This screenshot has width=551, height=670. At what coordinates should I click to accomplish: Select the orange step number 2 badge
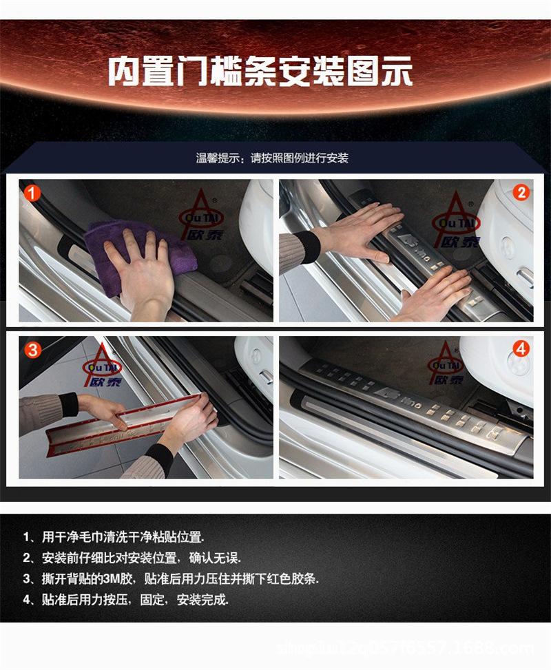pos(521,193)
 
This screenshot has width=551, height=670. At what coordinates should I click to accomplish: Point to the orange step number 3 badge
pos(31,349)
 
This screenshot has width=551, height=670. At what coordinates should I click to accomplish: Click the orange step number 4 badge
pos(521,349)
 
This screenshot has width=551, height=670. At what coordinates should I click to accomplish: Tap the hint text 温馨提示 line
pos(272,158)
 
